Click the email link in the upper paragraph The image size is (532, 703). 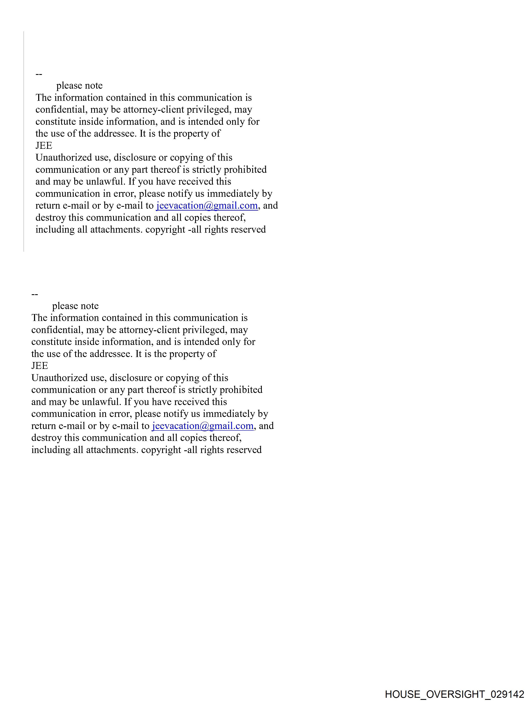pyautogui.click(x=207, y=206)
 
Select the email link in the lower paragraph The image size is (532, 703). pyautogui.click(x=203, y=426)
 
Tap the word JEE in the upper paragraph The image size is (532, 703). pyautogui.click(x=44, y=146)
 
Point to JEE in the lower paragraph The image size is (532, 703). pyautogui.click(x=40, y=366)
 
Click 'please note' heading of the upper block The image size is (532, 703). pyautogui.click(x=79, y=86)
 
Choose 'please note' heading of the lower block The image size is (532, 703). pyautogui.click(x=75, y=306)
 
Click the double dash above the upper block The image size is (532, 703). pyautogui.click(x=39, y=74)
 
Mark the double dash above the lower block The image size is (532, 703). pyautogui.click(x=35, y=294)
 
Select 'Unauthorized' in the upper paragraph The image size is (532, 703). pyautogui.click(x=64, y=158)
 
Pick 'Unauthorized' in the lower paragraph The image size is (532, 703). pyautogui.click(x=59, y=378)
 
